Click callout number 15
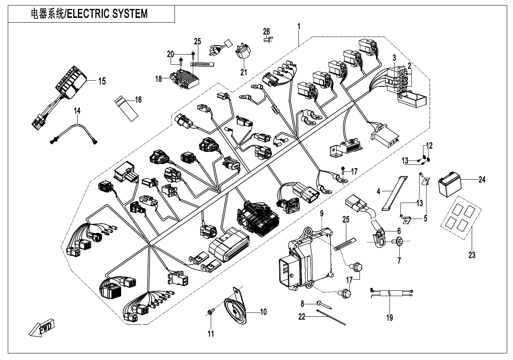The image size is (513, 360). point(102,81)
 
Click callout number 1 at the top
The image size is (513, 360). point(299,27)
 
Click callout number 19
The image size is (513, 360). point(390,318)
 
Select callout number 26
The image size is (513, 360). point(266,31)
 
